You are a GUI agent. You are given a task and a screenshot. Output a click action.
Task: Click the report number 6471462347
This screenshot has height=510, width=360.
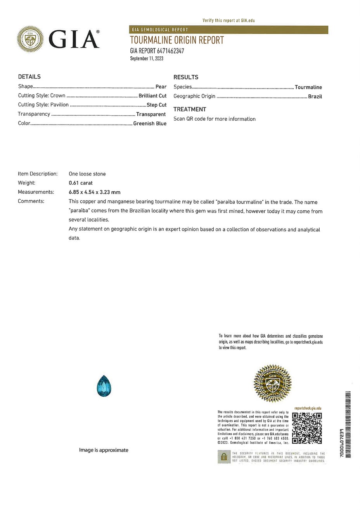click(170, 51)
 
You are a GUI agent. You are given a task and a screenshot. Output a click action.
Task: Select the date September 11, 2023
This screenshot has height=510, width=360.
click(147, 59)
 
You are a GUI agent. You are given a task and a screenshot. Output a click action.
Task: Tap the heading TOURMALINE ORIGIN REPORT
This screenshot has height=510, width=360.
click(177, 40)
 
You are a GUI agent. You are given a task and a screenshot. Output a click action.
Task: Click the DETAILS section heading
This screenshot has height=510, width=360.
click(29, 77)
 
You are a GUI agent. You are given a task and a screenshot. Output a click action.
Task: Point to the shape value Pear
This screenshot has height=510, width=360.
click(161, 87)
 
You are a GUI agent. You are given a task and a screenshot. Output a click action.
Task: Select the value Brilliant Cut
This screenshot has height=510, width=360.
click(152, 96)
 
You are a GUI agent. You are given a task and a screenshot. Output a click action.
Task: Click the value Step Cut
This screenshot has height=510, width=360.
click(157, 105)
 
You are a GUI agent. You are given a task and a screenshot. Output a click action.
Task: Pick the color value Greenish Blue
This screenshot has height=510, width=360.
click(150, 123)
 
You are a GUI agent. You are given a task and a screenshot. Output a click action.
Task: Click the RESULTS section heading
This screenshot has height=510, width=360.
click(186, 77)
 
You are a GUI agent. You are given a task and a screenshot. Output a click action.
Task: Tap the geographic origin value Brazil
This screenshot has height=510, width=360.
click(315, 96)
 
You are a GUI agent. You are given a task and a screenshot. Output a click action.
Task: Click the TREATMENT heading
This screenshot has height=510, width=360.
click(190, 109)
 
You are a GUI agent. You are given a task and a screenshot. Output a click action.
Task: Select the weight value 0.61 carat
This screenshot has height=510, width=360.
click(81, 183)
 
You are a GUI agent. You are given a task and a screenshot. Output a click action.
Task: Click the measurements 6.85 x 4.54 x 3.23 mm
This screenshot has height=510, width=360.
click(94, 192)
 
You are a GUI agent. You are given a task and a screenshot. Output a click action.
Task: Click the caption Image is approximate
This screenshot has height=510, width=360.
click(104, 450)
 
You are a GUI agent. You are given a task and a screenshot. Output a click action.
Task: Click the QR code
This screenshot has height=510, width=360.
click(307, 428)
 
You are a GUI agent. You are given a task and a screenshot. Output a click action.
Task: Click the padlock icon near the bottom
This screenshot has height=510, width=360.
click(224, 457)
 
